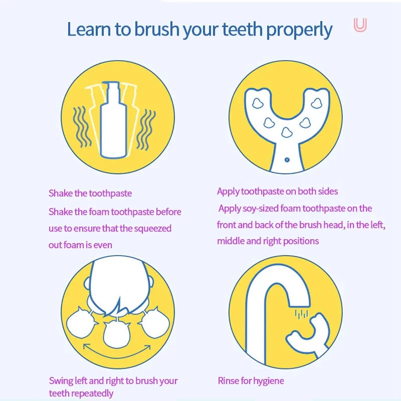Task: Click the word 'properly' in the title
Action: point(299,30)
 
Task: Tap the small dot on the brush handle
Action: point(286,160)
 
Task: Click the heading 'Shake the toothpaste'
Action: point(90,193)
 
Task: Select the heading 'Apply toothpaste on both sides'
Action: point(277,191)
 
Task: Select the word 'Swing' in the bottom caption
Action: point(61,381)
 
